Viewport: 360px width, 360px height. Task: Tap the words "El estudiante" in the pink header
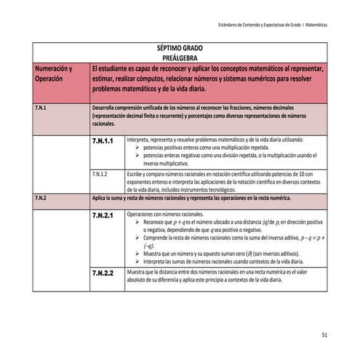tap(111, 68)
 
